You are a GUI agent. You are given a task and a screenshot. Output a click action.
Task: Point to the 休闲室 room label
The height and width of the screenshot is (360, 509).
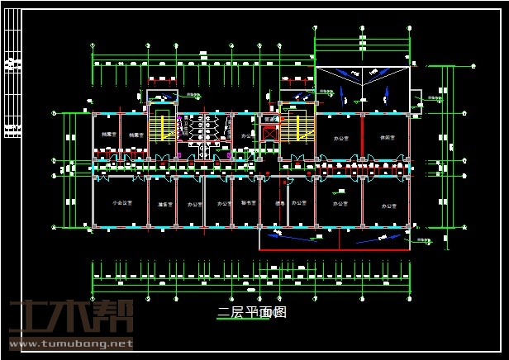[x=385, y=138]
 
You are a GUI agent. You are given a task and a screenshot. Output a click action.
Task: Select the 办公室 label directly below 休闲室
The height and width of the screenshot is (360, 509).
[x=385, y=203]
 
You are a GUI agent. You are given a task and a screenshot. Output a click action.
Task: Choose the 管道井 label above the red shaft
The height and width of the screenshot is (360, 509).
[x=269, y=119]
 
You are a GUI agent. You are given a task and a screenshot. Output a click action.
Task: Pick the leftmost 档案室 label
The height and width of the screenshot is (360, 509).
[x=108, y=133]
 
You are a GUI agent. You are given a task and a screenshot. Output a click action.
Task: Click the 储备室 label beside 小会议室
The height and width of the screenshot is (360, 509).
[x=163, y=203]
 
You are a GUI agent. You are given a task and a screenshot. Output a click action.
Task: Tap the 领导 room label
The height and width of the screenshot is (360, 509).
[x=279, y=203]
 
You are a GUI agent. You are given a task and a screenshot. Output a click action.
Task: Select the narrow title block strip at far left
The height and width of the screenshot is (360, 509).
[x=12, y=83]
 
